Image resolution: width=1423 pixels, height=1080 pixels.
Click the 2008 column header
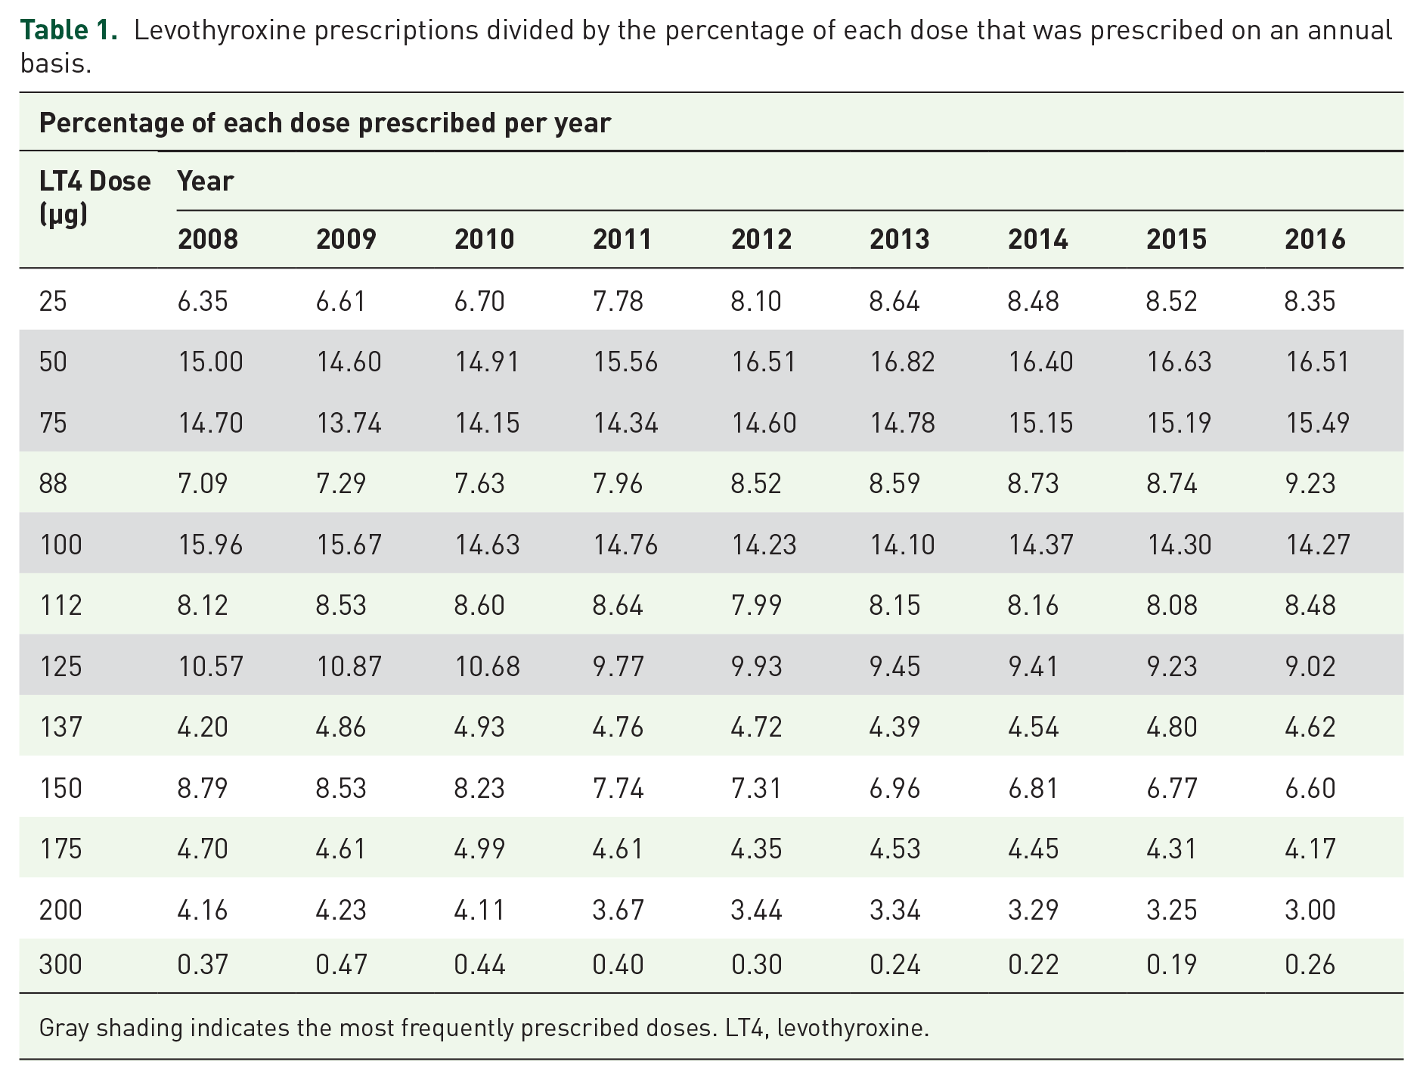(208, 240)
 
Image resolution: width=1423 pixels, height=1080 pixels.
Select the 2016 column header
(1315, 240)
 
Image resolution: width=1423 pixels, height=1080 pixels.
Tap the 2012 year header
(761, 240)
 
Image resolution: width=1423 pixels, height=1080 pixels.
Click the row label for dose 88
(53, 483)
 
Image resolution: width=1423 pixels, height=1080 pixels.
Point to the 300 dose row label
(60, 964)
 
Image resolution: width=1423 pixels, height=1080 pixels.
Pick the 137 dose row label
(60, 727)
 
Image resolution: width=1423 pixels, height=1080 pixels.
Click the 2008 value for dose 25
(203, 301)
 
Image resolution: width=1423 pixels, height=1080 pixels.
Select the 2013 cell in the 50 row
(902, 362)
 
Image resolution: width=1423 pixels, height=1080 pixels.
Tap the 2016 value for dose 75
(1318, 423)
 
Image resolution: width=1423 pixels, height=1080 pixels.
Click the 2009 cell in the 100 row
(349, 545)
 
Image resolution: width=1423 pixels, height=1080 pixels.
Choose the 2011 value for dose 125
(618, 666)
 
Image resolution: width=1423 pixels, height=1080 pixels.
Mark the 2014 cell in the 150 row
(1033, 788)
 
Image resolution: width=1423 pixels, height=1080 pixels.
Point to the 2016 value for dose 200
(1310, 910)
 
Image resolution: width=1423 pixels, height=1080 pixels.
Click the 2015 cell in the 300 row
(1171, 964)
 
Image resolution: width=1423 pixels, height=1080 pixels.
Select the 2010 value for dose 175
(479, 849)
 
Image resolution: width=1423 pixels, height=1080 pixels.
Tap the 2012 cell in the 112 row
(756, 605)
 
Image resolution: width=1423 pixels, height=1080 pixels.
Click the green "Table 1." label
(69, 30)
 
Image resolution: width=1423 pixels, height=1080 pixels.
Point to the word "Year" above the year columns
(205, 182)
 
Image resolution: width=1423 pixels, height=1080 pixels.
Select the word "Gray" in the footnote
(64, 1029)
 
